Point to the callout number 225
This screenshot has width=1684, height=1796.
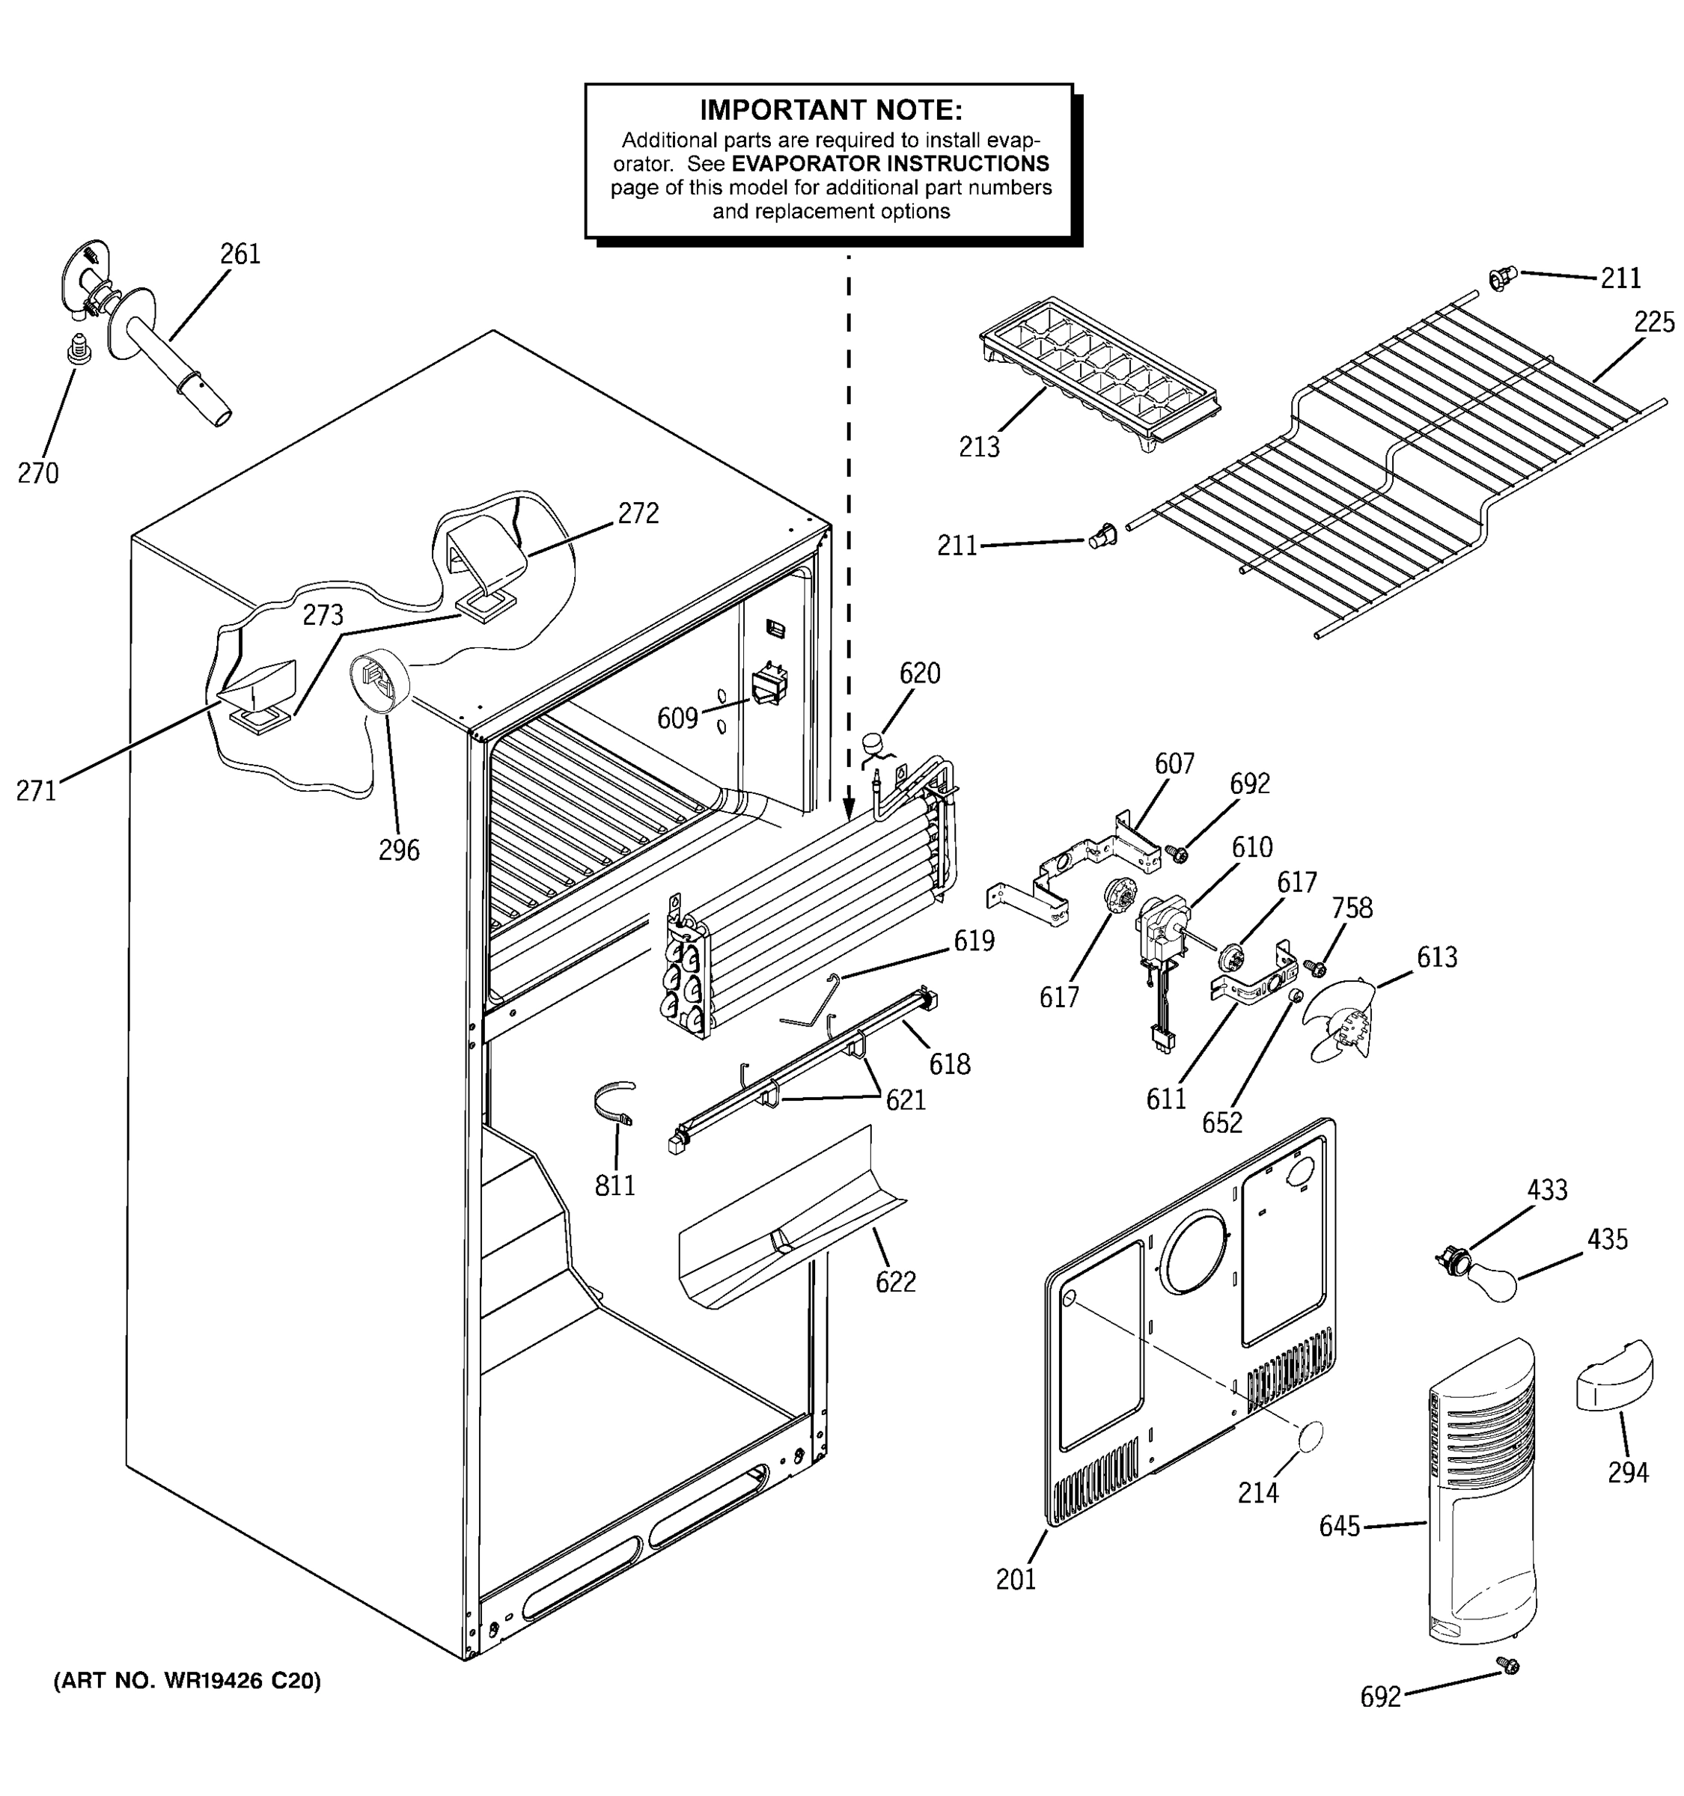click(x=1653, y=322)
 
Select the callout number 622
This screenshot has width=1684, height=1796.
click(x=895, y=1282)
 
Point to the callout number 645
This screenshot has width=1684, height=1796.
click(x=1339, y=1526)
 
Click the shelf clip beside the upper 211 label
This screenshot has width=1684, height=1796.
click(x=1500, y=278)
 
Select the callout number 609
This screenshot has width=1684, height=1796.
click(x=677, y=718)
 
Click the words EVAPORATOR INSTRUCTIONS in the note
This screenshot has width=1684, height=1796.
click(x=890, y=165)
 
